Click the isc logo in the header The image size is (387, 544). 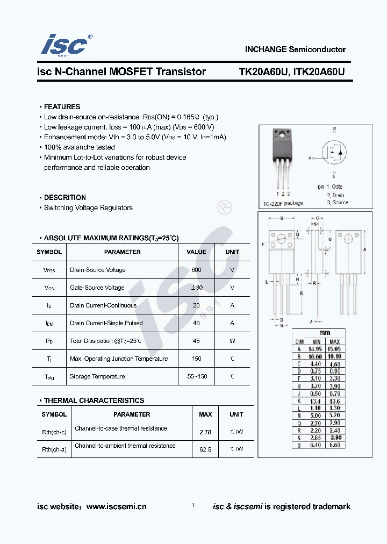click(63, 45)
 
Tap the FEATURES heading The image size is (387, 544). click(62, 107)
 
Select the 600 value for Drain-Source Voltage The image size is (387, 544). click(196, 270)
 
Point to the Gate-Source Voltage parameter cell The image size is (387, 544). click(97, 288)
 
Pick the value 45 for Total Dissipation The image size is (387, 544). click(196, 341)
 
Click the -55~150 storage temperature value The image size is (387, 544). click(196, 376)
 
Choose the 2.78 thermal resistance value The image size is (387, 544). click(205, 432)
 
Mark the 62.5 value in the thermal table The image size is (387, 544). click(205, 449)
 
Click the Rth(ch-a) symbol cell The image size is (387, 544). click(54, 449)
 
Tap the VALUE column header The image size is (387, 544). click(196, 252)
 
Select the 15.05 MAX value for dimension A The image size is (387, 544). click(334, 349)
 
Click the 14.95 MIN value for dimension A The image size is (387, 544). click(316, 349)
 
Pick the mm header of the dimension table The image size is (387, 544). click(325, 333)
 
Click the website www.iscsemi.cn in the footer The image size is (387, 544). click(116, 506)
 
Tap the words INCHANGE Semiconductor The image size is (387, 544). click(295, 49)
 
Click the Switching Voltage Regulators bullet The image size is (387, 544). click(88, 208)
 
